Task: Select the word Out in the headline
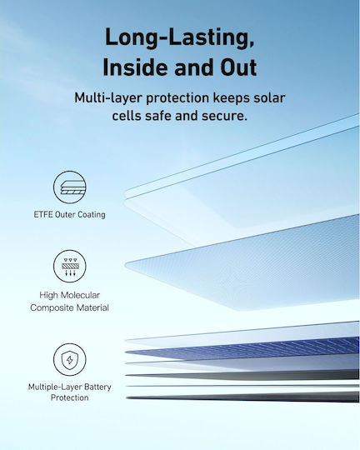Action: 238,67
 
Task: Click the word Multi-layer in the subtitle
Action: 108,98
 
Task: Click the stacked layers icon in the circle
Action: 69,187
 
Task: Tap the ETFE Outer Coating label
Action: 69,215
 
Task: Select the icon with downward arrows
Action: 69,267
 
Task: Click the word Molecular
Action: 80,295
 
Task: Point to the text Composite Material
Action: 69,308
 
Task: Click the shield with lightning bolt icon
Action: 69,360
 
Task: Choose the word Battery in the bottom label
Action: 97,387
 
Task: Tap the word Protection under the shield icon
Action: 69,397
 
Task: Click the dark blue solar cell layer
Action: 242,347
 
